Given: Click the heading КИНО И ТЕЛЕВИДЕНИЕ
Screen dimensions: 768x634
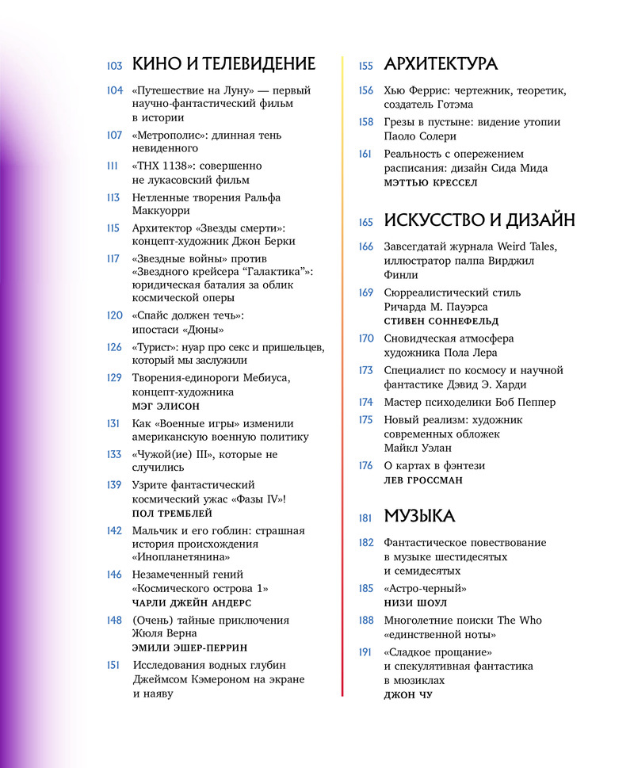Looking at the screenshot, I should coord(223,64).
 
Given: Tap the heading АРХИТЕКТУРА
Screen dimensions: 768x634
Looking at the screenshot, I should coord(441,64).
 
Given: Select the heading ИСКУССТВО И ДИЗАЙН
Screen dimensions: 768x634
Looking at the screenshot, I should coord(479,220).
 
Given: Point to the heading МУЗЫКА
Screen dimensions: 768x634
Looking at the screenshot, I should coord(419,517).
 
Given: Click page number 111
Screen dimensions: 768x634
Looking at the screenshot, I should coord(113,166).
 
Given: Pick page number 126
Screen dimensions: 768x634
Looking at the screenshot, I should coord(114,347).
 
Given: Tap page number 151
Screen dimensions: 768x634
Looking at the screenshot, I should coord(114,665).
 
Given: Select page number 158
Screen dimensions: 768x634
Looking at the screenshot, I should coord(365,122).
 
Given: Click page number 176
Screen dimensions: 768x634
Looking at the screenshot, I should coord(365,465).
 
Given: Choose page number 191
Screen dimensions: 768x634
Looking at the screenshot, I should coord(365,651).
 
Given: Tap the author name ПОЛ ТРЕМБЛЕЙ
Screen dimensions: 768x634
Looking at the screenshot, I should coord(173,514).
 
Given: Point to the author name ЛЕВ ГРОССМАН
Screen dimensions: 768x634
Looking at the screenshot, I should coord(423,480).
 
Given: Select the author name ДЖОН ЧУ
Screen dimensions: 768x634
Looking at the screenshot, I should coord(408,695).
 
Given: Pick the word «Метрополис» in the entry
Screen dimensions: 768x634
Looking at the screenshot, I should coord(167,136).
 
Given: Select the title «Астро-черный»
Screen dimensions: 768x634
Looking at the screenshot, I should coord(425,589).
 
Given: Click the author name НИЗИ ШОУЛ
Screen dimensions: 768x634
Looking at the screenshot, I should coord(415,603).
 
